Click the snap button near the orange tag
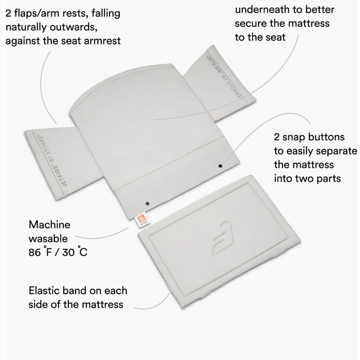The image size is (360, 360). pyautogui.click(x=147, y=203)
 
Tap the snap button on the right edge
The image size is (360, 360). pyautogui.click(x=220, y=166)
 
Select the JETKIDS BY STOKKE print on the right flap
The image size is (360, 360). pyautogui.click(x=224, y=77)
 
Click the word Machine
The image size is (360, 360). pyautogui.click(x=49, y=225)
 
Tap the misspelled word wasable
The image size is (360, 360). pyautogui.click(x=48, y=239)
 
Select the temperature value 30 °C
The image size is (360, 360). pyautogui.click(x=75, y=252)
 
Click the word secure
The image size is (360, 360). pyautogui.click(x=251, y=24)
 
